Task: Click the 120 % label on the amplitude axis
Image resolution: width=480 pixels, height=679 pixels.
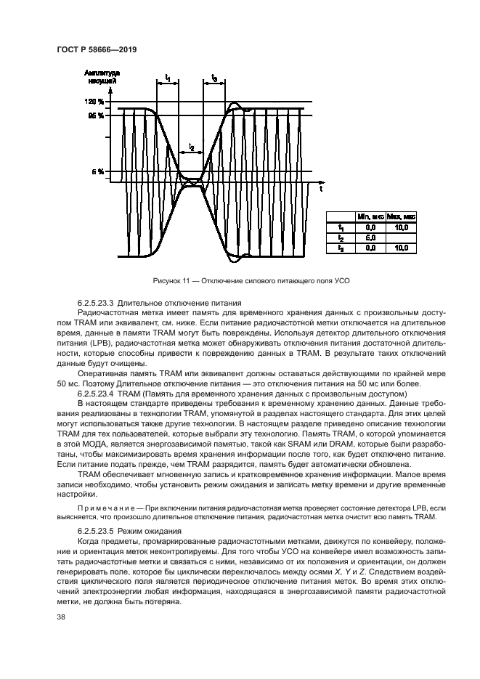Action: pyautogui.click(x=94, y=102)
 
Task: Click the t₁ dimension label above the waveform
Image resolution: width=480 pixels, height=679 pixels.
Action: pyautogui.click(x=167, y=76)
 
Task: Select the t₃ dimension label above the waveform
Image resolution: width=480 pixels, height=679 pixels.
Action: pyautogui.click(x=213, y=76)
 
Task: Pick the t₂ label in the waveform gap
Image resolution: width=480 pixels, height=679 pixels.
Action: pyautogui.click(x=191, y=147)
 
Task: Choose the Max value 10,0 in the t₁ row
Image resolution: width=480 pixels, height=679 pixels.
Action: pyautogui.click(x=401, y=227)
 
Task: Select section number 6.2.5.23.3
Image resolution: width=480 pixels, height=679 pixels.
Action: pyautogui.click(x=99, y=301)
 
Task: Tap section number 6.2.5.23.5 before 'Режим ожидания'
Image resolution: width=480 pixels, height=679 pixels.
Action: pyautogui.click(x=99, y=531)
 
